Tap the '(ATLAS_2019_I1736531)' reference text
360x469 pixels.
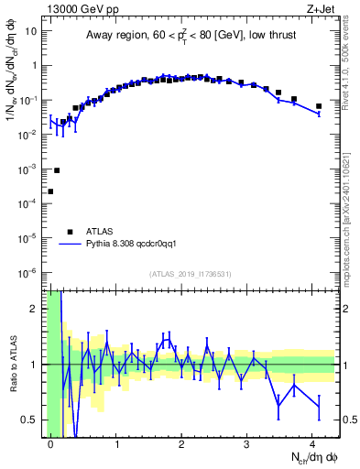191,275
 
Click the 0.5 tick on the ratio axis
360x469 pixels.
33,420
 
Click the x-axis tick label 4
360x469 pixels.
312,443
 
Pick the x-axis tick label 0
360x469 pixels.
50,443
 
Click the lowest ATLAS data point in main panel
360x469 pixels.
50,191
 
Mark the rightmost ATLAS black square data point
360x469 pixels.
319,106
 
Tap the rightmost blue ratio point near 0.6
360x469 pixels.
319,407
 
